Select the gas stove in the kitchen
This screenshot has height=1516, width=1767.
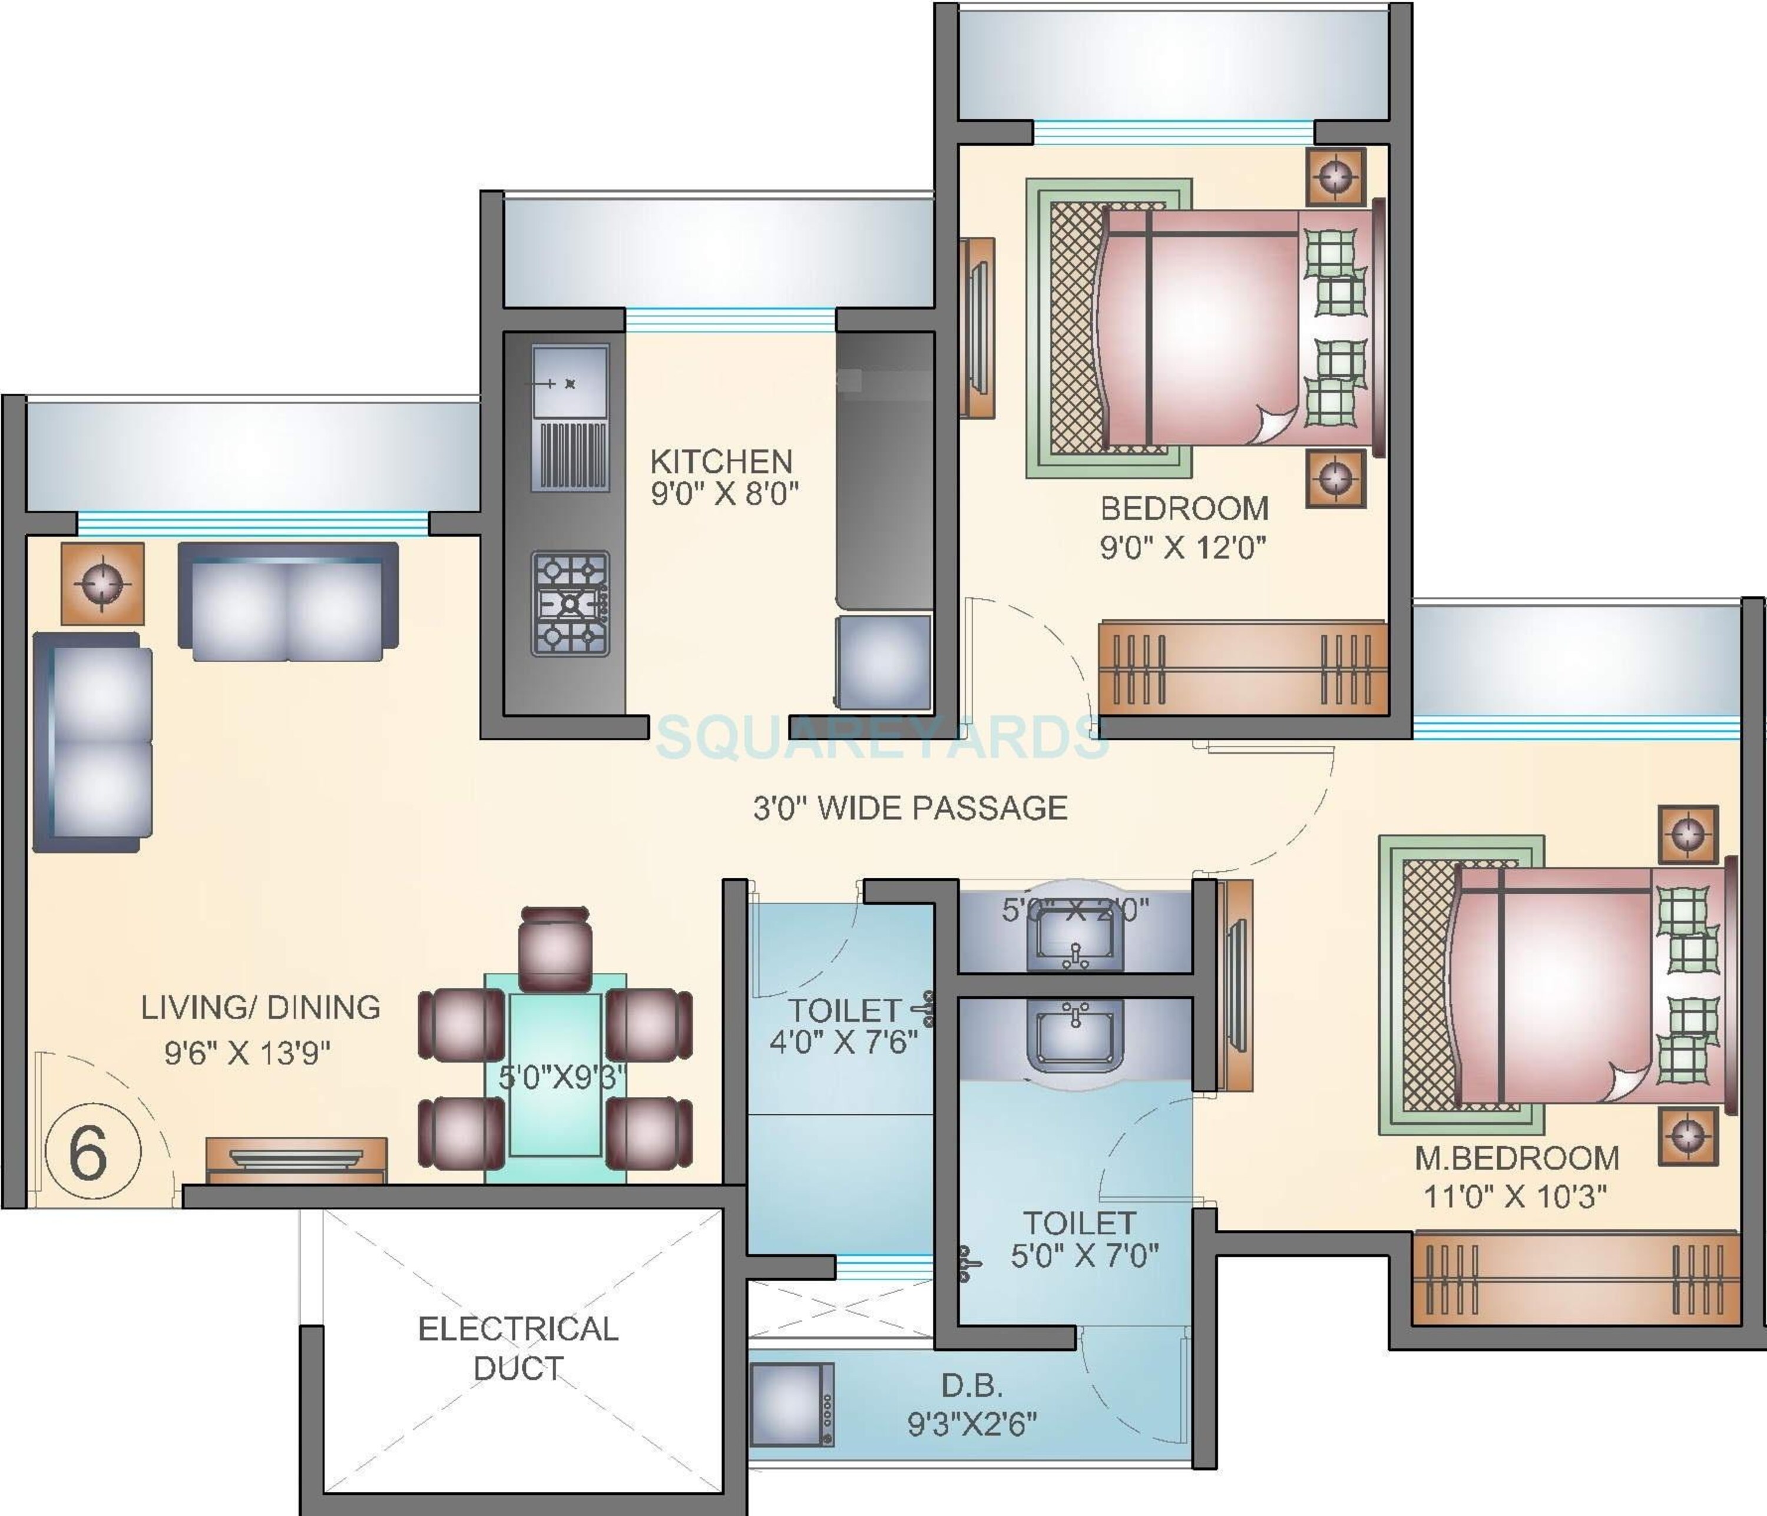570,603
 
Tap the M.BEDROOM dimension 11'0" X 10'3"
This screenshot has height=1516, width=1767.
1514,1196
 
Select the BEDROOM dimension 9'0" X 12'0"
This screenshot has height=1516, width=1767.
1183,546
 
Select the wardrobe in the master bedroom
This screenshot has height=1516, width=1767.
1574,1279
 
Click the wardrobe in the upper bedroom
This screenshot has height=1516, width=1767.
1242,668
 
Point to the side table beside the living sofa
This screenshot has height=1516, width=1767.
102,584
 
